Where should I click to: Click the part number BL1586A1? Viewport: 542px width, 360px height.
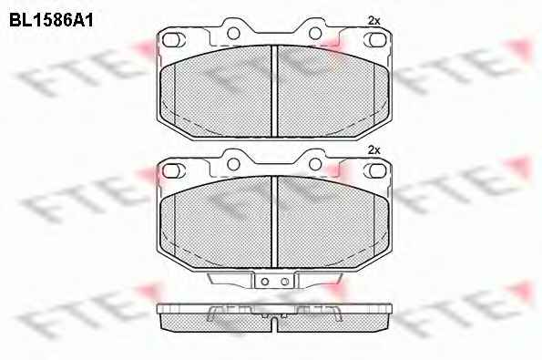point(51,20)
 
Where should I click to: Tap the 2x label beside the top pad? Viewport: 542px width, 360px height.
point(373,21)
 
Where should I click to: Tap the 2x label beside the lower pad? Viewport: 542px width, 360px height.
point(373,150)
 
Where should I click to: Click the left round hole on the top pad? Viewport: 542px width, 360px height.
point(233,34)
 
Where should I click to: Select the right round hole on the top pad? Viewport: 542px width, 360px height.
point(315,34)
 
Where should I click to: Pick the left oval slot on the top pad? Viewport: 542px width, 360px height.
point(171,40)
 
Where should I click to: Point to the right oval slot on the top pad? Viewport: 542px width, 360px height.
point(377,40)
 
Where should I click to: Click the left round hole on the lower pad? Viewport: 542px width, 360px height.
point(233,164)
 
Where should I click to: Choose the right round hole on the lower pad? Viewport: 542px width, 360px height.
point(315,164)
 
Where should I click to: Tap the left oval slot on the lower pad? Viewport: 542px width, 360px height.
point(171,170)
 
